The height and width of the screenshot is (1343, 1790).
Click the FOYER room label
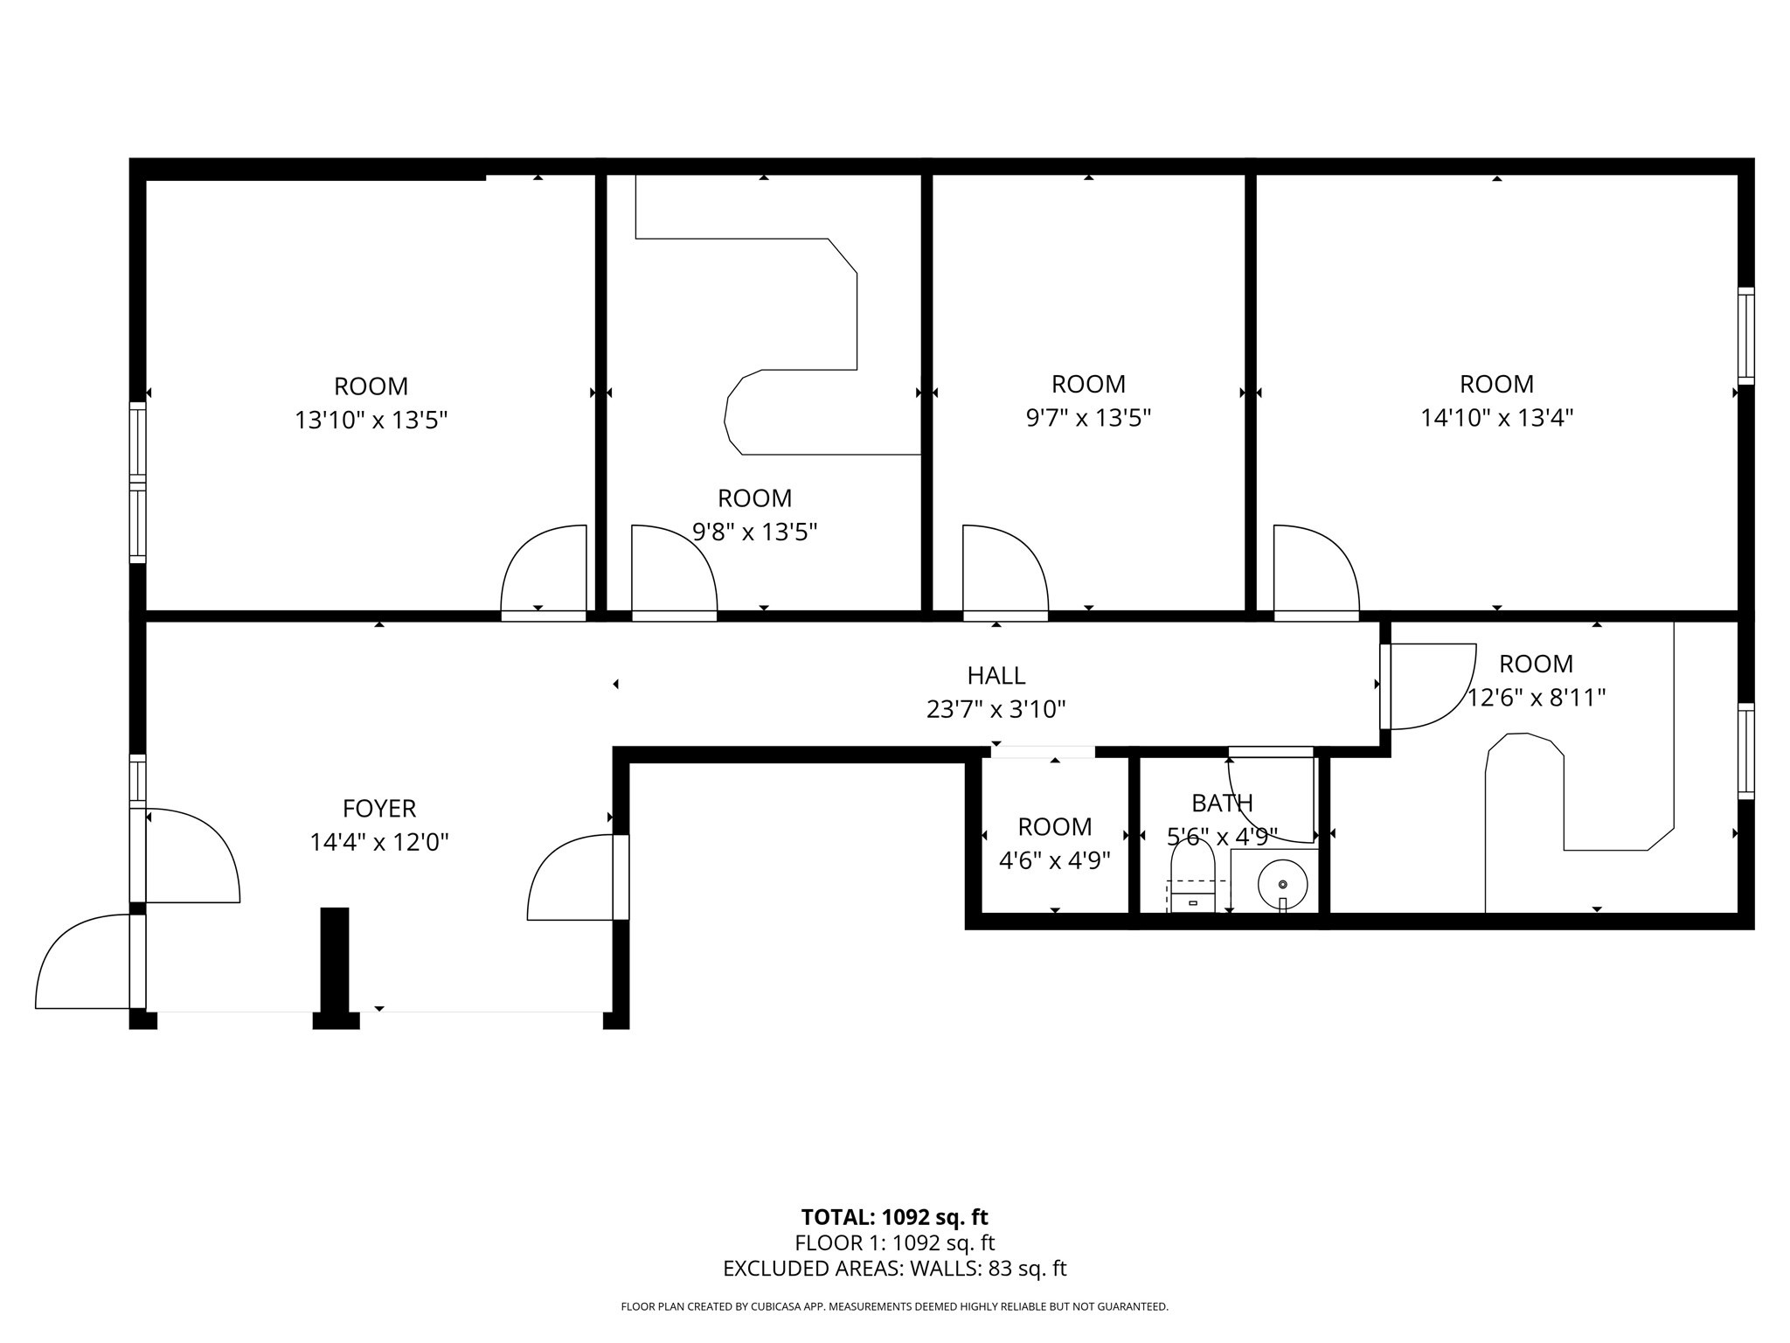(378, 808)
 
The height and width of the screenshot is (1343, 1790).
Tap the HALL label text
(996, 675)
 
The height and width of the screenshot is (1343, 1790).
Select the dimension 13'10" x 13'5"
(371, 421)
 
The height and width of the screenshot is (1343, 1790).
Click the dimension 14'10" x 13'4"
(1496, 418)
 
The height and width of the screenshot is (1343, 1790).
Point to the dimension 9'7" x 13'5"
(1088, 418)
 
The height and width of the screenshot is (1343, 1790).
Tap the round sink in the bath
(1282, 885)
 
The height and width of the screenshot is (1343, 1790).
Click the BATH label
(1222, 803)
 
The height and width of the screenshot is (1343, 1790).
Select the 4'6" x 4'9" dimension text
(1054, 861)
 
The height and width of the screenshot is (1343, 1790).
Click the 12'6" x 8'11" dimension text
(1536, 698)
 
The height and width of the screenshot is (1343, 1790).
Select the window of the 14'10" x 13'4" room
(1745, 336)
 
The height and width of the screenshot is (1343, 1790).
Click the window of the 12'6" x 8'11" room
(1745, 751)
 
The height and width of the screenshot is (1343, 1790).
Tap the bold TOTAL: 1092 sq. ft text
(894, 1217)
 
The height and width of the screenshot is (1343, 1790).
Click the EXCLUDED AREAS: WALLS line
(894, 1269)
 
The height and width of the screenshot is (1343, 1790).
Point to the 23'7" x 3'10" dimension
(996, 709)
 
